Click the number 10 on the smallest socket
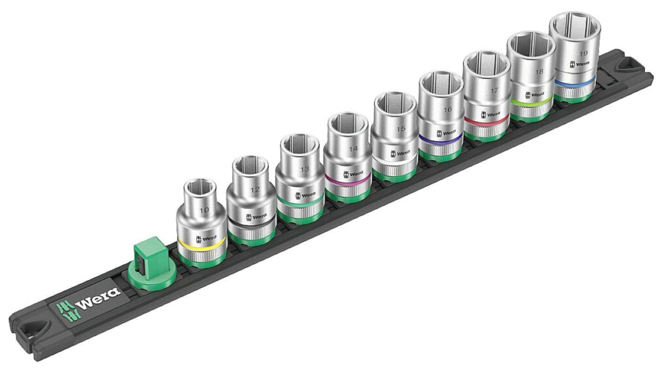tap(204, 210)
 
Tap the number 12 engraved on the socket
tap(255, 190)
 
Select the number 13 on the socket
tap(304, 169)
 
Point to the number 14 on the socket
tap(353, 150)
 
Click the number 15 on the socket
tap(400, 129)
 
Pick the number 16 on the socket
tap(448, 110)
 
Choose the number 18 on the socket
tap(539, 72)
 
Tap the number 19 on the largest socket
tap(583, 53)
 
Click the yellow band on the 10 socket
tap(201, 245)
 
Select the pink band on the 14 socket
tap(347, 179)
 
